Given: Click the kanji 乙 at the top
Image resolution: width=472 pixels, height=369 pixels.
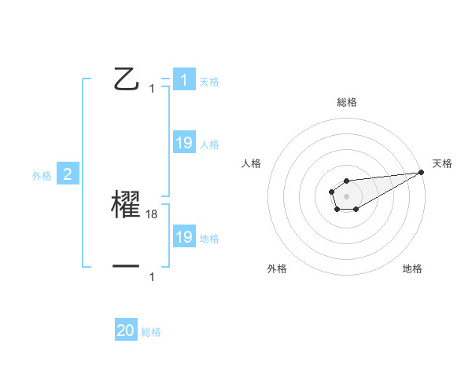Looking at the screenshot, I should [127, 79].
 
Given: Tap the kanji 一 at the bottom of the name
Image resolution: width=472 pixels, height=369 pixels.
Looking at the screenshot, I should [126, 267].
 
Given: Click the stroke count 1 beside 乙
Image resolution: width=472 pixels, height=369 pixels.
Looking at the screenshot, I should [152, 89].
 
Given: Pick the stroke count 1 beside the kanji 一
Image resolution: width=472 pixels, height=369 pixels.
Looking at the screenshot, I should [152, 277].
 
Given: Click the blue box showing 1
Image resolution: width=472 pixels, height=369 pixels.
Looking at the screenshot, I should [184, 80].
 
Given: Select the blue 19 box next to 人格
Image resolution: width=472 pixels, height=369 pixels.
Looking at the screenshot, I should [184, 143].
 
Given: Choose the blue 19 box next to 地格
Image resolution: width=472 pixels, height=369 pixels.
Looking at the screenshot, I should [184, 237].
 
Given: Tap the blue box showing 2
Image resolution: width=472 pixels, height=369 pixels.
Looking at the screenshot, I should [68, 174].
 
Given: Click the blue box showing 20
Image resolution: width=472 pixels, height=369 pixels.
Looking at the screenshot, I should [126, 331].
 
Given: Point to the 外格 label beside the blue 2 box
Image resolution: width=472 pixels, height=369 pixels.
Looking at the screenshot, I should [42, 176].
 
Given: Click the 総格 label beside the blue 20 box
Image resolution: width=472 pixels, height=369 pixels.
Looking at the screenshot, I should [151, 332].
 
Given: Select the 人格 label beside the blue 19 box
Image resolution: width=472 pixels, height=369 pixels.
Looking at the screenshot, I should [209, 144].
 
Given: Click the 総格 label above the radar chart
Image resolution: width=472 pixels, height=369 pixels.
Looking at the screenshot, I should [347, 102].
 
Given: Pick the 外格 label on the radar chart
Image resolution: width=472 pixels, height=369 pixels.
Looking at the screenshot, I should [277, 269].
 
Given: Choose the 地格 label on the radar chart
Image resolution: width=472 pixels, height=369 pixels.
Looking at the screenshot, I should [412, 269].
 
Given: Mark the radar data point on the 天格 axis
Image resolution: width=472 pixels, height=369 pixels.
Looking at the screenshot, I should [421, 172].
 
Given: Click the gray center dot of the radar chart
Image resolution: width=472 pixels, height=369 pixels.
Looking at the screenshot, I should [346, 195].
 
